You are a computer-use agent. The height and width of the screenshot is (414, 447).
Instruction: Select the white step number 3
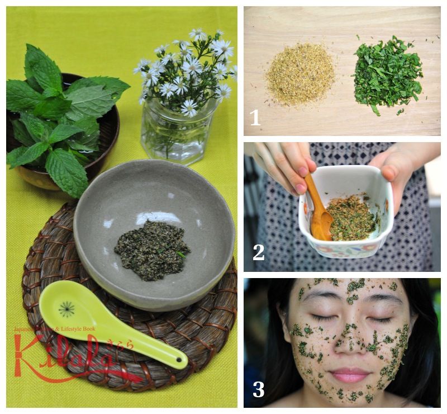tap(258, 389)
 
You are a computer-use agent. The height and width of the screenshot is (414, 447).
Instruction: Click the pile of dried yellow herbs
tap(299, 74)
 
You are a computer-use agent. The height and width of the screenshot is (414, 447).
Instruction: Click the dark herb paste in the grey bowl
tap(152, 250)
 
